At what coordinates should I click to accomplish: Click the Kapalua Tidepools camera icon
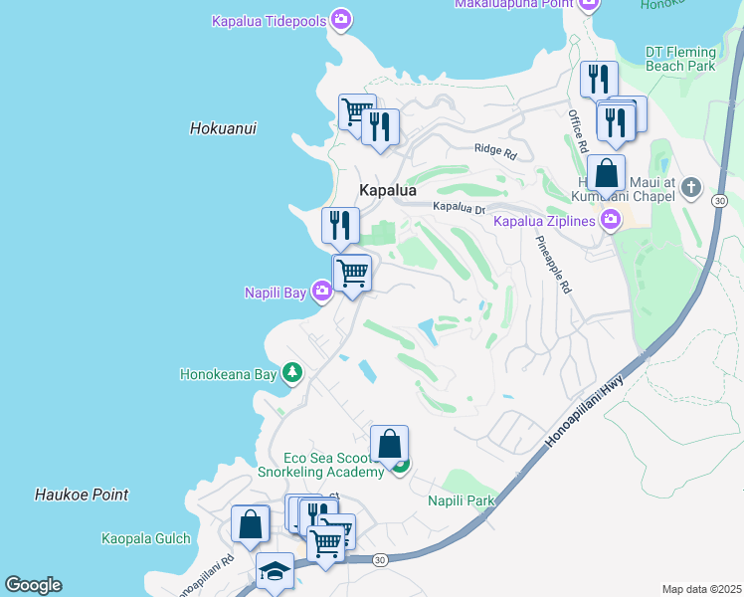click(x=342, y=19)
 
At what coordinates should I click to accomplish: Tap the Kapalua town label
click(x=387, y=190)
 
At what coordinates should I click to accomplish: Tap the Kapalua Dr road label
click(x=458, y=207)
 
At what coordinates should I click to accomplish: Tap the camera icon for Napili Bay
click(x=321, y=292)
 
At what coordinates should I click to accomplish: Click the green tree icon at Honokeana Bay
click(x=291, y=373)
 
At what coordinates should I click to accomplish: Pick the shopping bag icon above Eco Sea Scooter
click(x=390, y=444)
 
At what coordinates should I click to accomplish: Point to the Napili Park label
click(x=462, y=500)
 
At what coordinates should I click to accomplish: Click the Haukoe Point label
click(x=82, y=495)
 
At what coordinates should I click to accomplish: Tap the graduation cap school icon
click(x=275, y=571)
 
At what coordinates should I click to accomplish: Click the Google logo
click(x=33, y=585)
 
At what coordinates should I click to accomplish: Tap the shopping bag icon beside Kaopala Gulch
click(x=251, y=523)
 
